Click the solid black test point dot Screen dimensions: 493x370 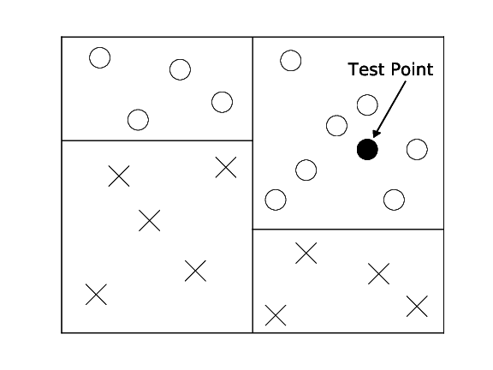tap(367, 149)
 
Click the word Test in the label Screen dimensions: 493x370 tap(366, 69)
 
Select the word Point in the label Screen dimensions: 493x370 tap(413, 69)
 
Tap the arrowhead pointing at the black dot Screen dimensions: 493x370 tap(377, 134)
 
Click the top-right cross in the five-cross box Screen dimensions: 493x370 tap(226, 167)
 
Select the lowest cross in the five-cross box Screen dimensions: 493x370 tap(96, 295)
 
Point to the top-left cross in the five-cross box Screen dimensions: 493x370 tap(119, 176)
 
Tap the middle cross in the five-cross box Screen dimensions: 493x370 tap(149, 221)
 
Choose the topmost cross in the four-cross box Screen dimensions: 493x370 tap(306, 253)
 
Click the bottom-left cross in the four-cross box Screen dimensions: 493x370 tap(276, 315)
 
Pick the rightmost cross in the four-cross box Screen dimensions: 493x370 tap(417, 306)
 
